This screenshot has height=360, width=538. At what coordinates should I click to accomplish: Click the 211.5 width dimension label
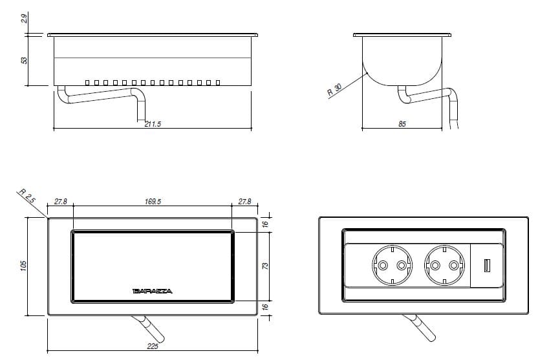point(153,124)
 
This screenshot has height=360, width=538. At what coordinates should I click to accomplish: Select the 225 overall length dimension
point(153,347)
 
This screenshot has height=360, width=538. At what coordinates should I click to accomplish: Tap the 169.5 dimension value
point(153,202)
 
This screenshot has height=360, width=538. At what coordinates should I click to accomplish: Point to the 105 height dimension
point(23,266)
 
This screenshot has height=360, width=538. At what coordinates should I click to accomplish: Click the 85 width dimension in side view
point(402,124)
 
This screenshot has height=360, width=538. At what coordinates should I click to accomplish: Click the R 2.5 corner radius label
point(27,197)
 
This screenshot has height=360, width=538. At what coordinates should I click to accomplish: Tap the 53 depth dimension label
point(25,61)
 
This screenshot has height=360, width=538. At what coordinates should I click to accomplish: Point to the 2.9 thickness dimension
point(25,19)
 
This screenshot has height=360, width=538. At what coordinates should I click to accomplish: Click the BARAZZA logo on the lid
point(152,291)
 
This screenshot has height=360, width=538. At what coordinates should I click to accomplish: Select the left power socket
point(391,266)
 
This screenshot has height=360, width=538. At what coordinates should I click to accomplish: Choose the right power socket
point(445,266)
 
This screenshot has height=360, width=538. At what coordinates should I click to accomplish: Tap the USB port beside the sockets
point(486,266)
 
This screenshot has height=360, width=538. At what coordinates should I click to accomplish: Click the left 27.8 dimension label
point(61,202)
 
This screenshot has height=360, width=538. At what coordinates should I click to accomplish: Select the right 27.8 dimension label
point(244,202)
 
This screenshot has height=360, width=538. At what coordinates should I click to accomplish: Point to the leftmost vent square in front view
point(88,83)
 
